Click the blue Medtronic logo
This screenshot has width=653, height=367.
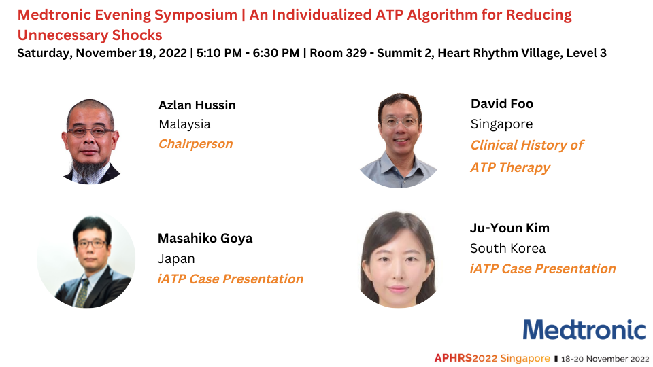pos(584,330)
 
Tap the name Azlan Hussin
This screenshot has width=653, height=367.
pos(197,105)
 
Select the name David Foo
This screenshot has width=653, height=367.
pos(502,103)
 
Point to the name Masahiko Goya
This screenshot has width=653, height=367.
pos(205,239)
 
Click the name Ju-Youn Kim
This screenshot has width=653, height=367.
pos(509,228)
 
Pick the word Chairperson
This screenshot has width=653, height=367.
pos(195,144)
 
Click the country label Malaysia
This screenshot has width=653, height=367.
pos(184,124)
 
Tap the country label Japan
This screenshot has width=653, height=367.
pos(176,259)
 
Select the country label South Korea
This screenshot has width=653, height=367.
pos(507,249)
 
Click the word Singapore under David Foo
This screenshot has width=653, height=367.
pos(501,124)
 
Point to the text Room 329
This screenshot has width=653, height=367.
pos(338,53)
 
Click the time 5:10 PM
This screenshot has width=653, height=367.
pos(219,53)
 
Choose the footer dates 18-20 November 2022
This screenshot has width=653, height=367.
pos(605,359)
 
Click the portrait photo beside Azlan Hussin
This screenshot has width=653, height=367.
pos(90,141)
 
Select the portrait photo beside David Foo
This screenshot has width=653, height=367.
pos(399,140)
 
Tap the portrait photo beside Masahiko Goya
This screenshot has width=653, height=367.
pos(86,260)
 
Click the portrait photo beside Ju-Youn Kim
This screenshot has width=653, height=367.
pos(399,260)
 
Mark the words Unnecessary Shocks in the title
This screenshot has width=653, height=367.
pos(90,35)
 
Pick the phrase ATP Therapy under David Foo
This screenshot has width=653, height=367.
pos(510,168)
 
